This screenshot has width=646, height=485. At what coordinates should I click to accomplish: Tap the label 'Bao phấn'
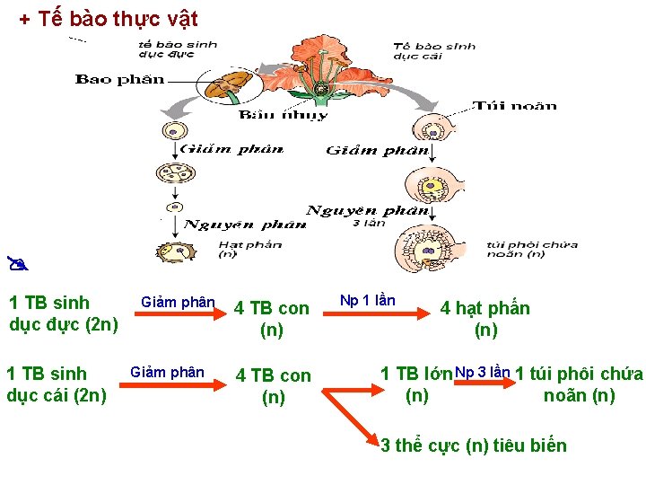119,79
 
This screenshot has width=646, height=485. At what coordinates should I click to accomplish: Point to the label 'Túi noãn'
515,105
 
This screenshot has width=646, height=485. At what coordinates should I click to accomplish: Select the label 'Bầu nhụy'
284,115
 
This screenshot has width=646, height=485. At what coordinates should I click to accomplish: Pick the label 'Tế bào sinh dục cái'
434,50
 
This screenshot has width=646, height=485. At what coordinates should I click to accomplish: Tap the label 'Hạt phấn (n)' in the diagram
250,248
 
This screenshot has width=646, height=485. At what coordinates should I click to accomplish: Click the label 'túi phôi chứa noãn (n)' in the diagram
532,248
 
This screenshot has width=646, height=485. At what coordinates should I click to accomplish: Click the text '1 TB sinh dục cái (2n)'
57,384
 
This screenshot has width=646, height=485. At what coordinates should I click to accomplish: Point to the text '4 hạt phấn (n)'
485,319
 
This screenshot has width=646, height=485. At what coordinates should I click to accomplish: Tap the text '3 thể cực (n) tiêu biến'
474,445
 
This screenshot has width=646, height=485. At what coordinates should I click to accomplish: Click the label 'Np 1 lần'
367,300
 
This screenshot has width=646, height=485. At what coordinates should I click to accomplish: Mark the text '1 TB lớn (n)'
416,384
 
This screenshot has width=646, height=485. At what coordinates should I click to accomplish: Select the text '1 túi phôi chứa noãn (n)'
579,384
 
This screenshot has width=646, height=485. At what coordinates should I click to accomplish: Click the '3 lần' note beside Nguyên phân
369,223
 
